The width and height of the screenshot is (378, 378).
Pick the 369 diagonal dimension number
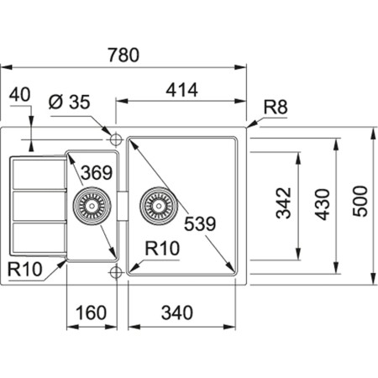97,174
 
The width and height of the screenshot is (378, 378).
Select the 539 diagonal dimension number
201,223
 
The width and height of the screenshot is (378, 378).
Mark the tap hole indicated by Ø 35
116,136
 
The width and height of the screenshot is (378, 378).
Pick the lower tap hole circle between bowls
116,271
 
